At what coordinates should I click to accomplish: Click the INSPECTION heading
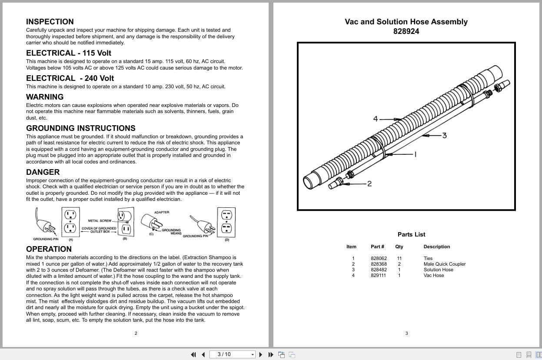coord(50,22)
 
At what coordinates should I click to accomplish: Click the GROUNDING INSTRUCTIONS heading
coord(80,128)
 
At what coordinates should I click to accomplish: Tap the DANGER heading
coord(43,172)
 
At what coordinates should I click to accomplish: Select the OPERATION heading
coord(49,249)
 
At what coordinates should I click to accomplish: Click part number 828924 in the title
coord(406,31)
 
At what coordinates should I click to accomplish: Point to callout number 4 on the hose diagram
coord(376,119)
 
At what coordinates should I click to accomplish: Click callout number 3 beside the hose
coord(444,135)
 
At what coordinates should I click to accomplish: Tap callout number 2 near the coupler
coord(369,183)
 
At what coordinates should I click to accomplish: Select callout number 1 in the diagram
coord(416,154)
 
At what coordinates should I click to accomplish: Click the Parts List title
coord(411,234)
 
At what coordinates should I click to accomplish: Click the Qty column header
coord(399,247)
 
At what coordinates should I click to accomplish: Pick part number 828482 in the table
coord(379,270)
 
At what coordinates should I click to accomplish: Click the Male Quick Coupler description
coord(444,264)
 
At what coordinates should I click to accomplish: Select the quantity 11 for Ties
coord(399,258)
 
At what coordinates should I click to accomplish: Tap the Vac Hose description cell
coord(433,275)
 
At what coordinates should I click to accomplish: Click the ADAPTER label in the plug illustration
coord(161,212)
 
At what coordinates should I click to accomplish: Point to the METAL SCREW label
coord(100,221)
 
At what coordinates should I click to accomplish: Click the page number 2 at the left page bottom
coord(136,333)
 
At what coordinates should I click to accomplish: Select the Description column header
coord(436,247)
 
